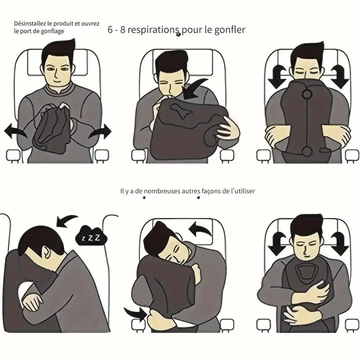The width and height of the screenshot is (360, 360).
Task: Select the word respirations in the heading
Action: pyautogui.click(x=153, y=30)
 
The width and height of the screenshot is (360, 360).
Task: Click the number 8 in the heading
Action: pyautogui.click(x=123, y=30)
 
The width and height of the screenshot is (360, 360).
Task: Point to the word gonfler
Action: pyautogui.click(x=229, y=30)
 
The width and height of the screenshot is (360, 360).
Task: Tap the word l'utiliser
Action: pyautogui.click(x=243, y=191)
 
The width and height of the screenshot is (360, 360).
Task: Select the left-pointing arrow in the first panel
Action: pyautogui.click(x=15, y=131)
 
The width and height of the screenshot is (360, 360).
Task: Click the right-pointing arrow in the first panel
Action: pyautogui.click(x=100, y=131)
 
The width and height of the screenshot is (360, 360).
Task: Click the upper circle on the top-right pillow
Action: pyautogui.click(x=307, y=94)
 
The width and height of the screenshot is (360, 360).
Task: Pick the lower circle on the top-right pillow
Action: pyautogui.click(x=307, y=152)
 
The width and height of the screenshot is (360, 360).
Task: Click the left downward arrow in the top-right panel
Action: pyautogui.click(x=277, y=77)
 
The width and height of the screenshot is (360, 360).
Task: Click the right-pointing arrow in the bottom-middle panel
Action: pyautogui.click(x=135, y=313)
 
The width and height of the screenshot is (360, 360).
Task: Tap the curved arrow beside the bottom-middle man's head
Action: pyautogui.click(x=200, y=229)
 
